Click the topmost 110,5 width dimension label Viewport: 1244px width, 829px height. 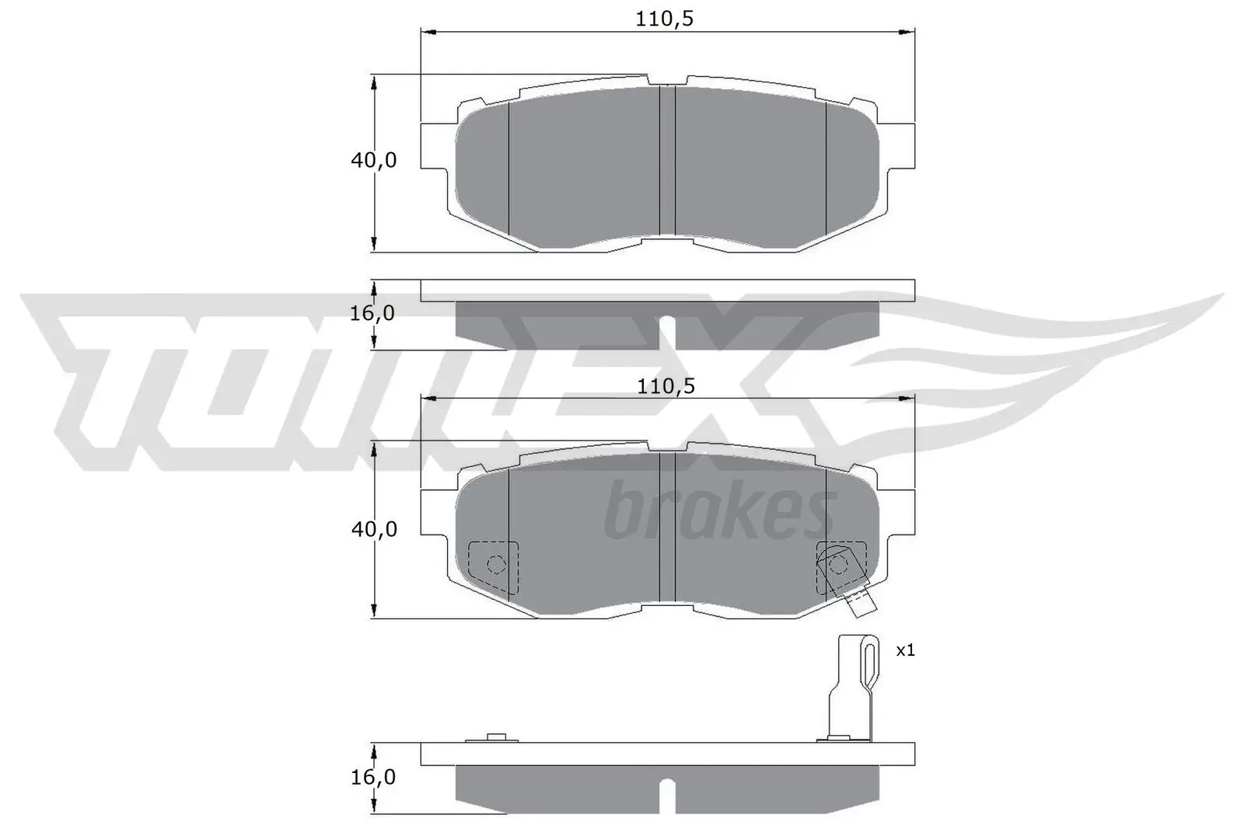[x=664, y=19]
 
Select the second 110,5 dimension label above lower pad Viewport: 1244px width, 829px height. [x=666, y=385]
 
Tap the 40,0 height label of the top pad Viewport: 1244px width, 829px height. [x=374, y=160]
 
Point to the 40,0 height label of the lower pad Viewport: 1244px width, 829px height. [x=374, y=529]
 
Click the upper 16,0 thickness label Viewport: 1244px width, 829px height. [x=373, y=313]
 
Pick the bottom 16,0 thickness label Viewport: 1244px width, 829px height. [x=373, y=777]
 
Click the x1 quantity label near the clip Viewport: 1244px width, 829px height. [x=905, y=650]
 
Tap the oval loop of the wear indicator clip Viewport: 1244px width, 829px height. [x=871, y=664]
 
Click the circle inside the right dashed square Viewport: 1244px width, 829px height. [x=837, y=564]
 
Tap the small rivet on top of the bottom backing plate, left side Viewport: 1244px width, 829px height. [x=494, y=737]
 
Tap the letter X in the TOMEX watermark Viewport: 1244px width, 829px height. [x=746, y=373]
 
